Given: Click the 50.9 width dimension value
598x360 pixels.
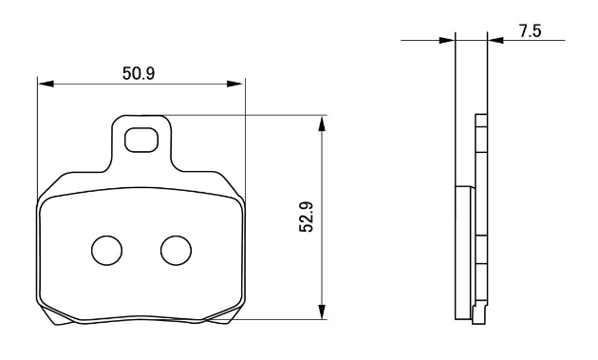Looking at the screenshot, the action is coord(139,73).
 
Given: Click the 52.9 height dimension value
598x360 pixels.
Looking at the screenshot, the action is coord(307,217).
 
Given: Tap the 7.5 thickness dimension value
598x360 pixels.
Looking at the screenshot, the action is coord(530,30).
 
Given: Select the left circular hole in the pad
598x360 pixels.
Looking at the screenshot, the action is coord(106,251).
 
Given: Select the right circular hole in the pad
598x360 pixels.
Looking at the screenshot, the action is coord(176,251).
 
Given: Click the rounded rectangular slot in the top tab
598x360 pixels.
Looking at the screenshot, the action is coord(141,140).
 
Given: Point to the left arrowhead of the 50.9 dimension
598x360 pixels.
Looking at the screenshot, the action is coord(46,84).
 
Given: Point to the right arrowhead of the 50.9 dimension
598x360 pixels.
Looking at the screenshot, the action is coord(234,84).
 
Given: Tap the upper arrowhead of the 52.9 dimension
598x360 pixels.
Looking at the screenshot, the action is coord(323,124).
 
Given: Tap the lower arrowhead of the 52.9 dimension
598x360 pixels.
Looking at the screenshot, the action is coord(323,312).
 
